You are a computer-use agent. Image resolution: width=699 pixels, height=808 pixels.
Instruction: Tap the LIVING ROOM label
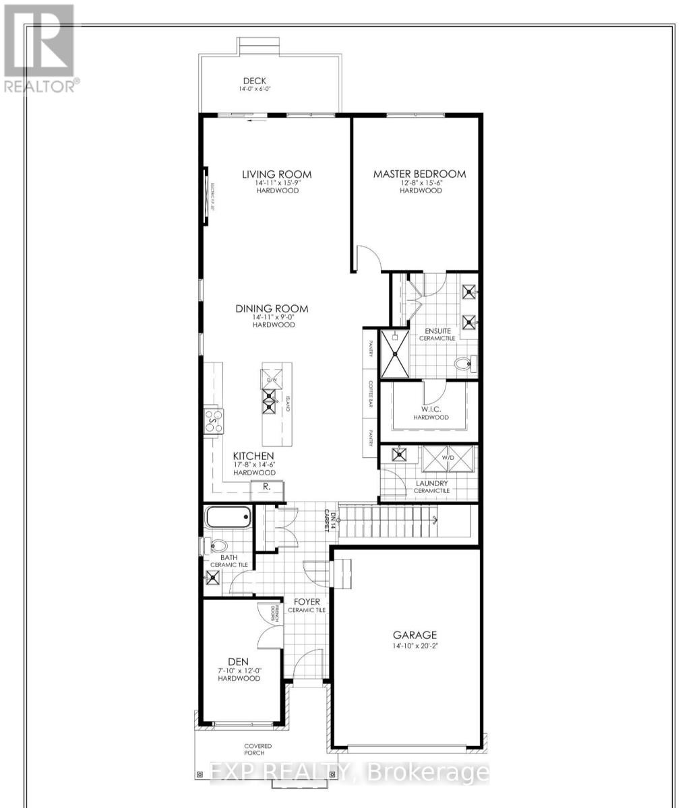click(277, 174)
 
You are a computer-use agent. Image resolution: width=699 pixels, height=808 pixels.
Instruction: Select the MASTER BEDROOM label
click(420, 174)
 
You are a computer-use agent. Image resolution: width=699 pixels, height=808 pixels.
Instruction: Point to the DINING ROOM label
click(272, 308)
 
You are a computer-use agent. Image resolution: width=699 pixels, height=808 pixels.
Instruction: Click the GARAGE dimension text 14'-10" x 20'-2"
click(415, 646)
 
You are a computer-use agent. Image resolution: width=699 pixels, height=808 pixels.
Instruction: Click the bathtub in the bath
click(228, 518)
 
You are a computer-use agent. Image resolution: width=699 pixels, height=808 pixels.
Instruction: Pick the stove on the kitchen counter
click(214, 421)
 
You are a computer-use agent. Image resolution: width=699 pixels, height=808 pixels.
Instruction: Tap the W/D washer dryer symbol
click(448, 461)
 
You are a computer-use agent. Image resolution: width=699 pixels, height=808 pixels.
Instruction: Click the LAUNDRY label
click(431, 483)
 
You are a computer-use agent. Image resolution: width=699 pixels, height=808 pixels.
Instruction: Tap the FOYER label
click(307, 601)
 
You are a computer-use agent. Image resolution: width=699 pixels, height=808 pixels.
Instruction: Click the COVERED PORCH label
click(258, 750)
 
